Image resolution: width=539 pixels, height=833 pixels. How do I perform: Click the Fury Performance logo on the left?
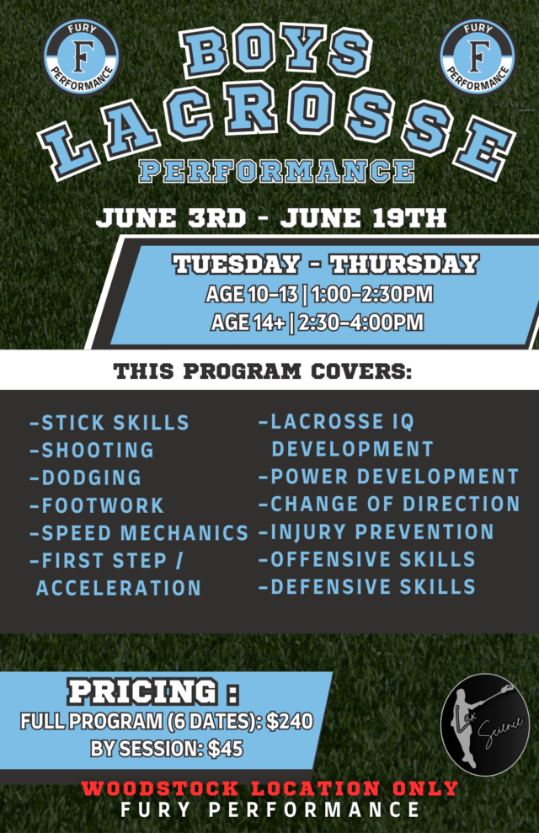tap(81, 56)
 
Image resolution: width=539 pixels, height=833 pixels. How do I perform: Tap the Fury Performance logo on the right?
tap(477, 56)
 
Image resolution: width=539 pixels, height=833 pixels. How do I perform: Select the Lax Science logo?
tap(485, 724)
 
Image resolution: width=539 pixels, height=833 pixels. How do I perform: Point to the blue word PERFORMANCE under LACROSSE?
tap(276, 171)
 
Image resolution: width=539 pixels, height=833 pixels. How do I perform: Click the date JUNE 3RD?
tap(171, 218)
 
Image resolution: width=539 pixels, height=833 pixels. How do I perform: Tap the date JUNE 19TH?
tap(363, 218)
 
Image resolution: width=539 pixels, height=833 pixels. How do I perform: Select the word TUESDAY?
tap(237, 264)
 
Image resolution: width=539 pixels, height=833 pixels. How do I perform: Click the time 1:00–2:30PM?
tap(372, 294)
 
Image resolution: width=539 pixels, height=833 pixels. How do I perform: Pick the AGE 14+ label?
tap(248, 322)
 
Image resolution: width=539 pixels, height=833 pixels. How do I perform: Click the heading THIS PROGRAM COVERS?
tap(263, 371)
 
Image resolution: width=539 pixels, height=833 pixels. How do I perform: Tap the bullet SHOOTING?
tap(92, 450)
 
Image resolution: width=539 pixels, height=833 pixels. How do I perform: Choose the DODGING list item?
tap(86, 478)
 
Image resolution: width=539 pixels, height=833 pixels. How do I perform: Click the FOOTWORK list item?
tap(97, 505)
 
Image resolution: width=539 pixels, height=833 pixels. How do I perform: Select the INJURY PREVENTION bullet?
tap(376, 531)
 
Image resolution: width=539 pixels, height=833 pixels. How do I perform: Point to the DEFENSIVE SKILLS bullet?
tap(367, 587)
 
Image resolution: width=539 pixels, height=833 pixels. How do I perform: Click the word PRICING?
tap(143, 691)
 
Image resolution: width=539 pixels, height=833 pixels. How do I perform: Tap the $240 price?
tap(290, 721)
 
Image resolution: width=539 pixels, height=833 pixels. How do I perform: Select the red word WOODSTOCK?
tap(160, 788)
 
